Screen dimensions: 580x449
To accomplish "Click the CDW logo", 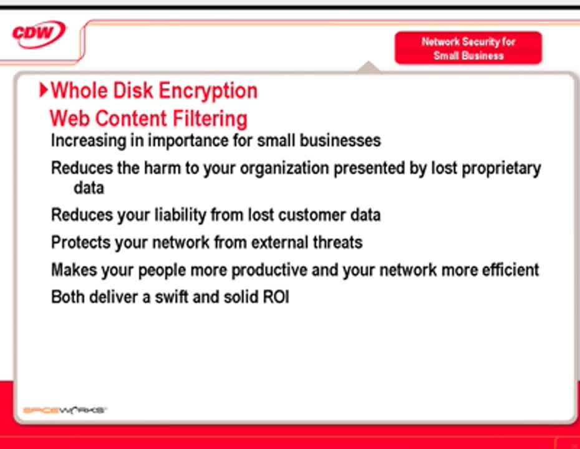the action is click(x=39, y=34).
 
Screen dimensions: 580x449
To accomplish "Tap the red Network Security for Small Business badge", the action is click(x=468, y=48).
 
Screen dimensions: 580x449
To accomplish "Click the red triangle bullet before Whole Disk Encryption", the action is click(x=44, y=90).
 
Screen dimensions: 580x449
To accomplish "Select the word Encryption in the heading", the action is click(x=208, y=91).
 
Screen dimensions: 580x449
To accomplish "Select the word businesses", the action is click(x=340, y=140).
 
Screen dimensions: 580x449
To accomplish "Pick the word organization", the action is click(x=284, y=168).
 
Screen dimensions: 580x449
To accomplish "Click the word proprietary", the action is click(x=501, y=168).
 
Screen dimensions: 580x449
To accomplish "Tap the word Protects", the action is click(x=80, y=243).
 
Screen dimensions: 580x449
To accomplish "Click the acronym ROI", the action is click(x=276, y=297).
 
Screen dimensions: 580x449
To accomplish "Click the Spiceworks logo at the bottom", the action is click(x=65, y=410).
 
